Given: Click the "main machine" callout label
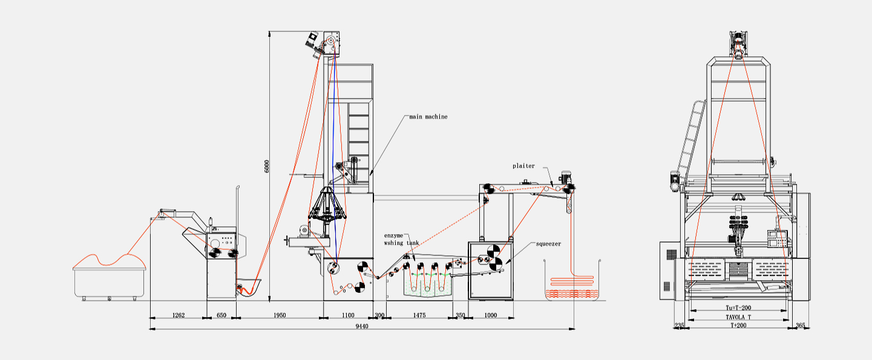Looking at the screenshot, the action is click(428, 117).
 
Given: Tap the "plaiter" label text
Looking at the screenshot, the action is click(523, 166).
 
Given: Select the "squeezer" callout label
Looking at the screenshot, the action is click(548, 244).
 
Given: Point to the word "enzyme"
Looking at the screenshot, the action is click(393, 235).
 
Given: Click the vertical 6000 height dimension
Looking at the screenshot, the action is click(267, 166).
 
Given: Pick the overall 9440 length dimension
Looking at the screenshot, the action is click(362, 326).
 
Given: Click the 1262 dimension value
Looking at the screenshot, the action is click(179, 315).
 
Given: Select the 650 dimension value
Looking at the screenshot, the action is click(221, 315).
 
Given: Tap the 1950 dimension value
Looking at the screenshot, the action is click(280, 315).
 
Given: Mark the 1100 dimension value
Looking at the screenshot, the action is click(348, 315).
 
